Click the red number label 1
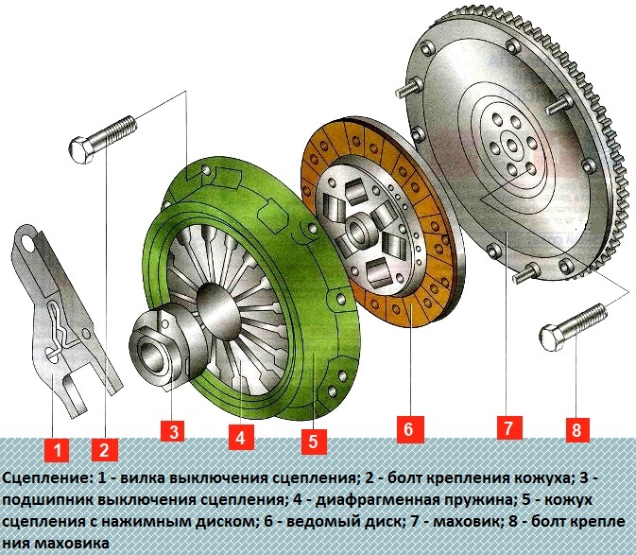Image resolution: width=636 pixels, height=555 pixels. pyautogui.click(x=58, y=449)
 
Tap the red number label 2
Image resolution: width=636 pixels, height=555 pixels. pyautogui.click(x=105, y=449)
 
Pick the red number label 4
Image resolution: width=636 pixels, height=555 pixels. pyautogui.click(x=242, y=437)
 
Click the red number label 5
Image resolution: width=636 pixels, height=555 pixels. pyautogui.click(x=314, y=442)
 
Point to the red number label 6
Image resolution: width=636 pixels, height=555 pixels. pyautogui.click(x=410, y=428)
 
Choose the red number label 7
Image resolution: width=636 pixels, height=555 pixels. pyautogui.click(x=509, y=427)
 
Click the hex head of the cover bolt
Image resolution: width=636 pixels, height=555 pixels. pyautogui.click(x=82, y=148)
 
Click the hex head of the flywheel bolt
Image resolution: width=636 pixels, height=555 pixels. pyautogui.click(x=552, y=338)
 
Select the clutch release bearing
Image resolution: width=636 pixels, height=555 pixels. pyautogui.click(x=164, y=344)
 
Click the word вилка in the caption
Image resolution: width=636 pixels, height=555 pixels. pyautogui.click(x=143, y=478)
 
